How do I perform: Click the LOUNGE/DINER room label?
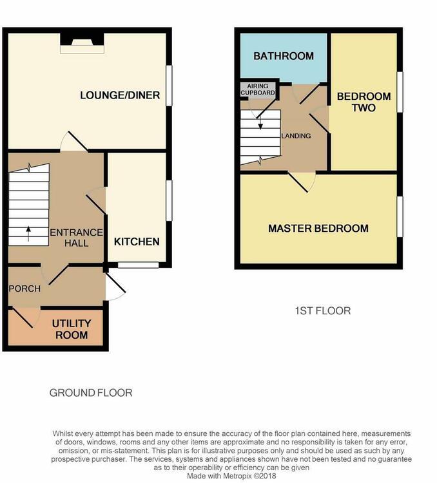[120, 95]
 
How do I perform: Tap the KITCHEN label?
[137, 241]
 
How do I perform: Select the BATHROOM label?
[284, 56]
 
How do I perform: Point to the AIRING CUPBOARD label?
[258, 90]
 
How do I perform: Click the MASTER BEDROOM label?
[318, 228]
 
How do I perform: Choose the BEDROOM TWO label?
[364, 102]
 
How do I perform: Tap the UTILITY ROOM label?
[72, 329]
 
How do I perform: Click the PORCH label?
[24, 289]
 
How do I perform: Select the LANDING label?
[296, 136]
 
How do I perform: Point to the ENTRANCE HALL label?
[77, 238]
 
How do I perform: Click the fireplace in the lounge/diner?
[82, 43]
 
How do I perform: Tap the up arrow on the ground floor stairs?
[28, 234]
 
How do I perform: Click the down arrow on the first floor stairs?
[260, 123]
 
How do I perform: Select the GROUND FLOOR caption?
[91, 393]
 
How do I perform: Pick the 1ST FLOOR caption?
[323, 311]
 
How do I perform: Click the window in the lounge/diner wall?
[169, 86]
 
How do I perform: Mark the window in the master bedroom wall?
[400, 217]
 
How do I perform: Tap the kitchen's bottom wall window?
[138, 265]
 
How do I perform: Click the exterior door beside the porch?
[115, 287]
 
